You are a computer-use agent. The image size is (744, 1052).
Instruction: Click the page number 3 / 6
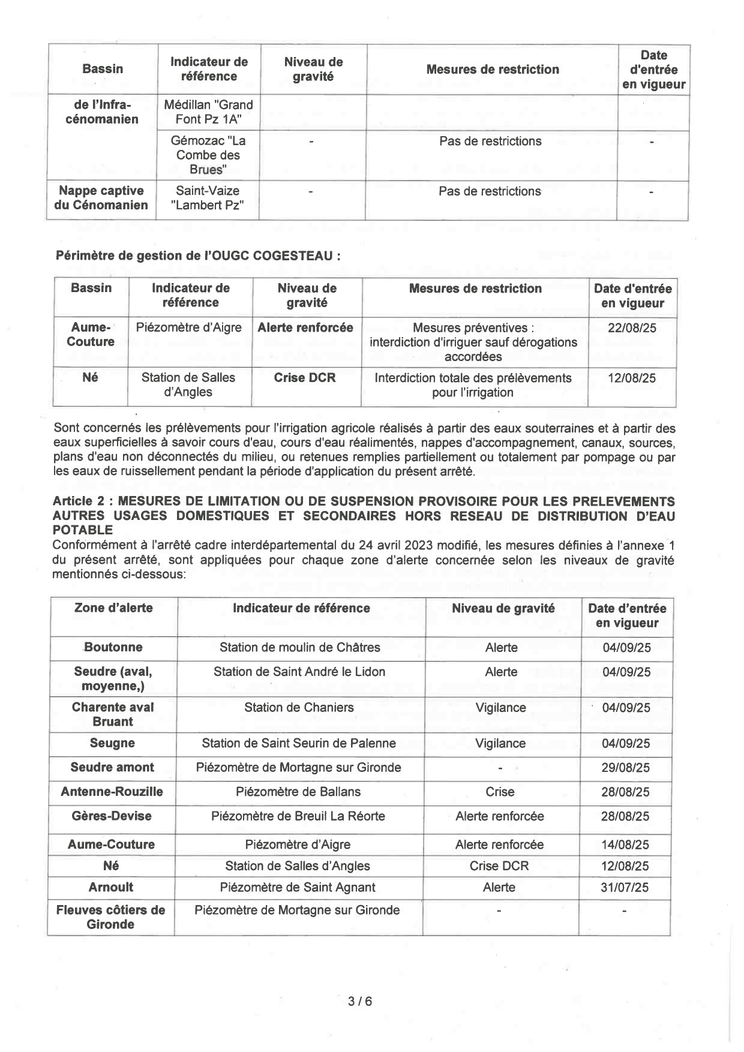click(360, 1001)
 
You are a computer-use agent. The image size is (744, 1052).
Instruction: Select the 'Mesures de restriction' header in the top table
click(492, 70)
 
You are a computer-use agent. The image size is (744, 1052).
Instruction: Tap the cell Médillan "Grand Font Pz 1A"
click(208, 112)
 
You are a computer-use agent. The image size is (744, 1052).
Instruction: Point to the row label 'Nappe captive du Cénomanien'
click(103, 198)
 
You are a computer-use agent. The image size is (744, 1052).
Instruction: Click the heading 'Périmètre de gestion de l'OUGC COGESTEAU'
click(198, 256)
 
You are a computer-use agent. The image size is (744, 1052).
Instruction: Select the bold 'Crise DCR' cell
click(305, 378)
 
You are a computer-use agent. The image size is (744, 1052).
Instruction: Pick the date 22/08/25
click(632, 329)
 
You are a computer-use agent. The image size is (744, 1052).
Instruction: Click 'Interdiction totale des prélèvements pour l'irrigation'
click(473, 386)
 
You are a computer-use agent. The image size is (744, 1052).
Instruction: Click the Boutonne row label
click(113, 648)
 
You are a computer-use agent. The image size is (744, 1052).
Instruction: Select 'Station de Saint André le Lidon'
click(299, 672)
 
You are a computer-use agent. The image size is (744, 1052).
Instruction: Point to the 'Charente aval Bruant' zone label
click(113, 714)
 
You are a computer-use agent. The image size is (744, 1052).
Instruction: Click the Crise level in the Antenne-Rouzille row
click(500, 792)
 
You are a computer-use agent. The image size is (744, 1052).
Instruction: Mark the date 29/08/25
click(626, 768)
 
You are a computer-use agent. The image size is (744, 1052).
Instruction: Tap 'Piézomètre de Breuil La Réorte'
click(298, 816)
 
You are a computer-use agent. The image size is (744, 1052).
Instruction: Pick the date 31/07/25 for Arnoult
click(625, 888)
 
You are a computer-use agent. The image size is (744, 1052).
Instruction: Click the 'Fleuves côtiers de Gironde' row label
click(111, 917)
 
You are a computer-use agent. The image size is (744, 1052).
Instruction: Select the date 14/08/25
click(625, 845)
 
